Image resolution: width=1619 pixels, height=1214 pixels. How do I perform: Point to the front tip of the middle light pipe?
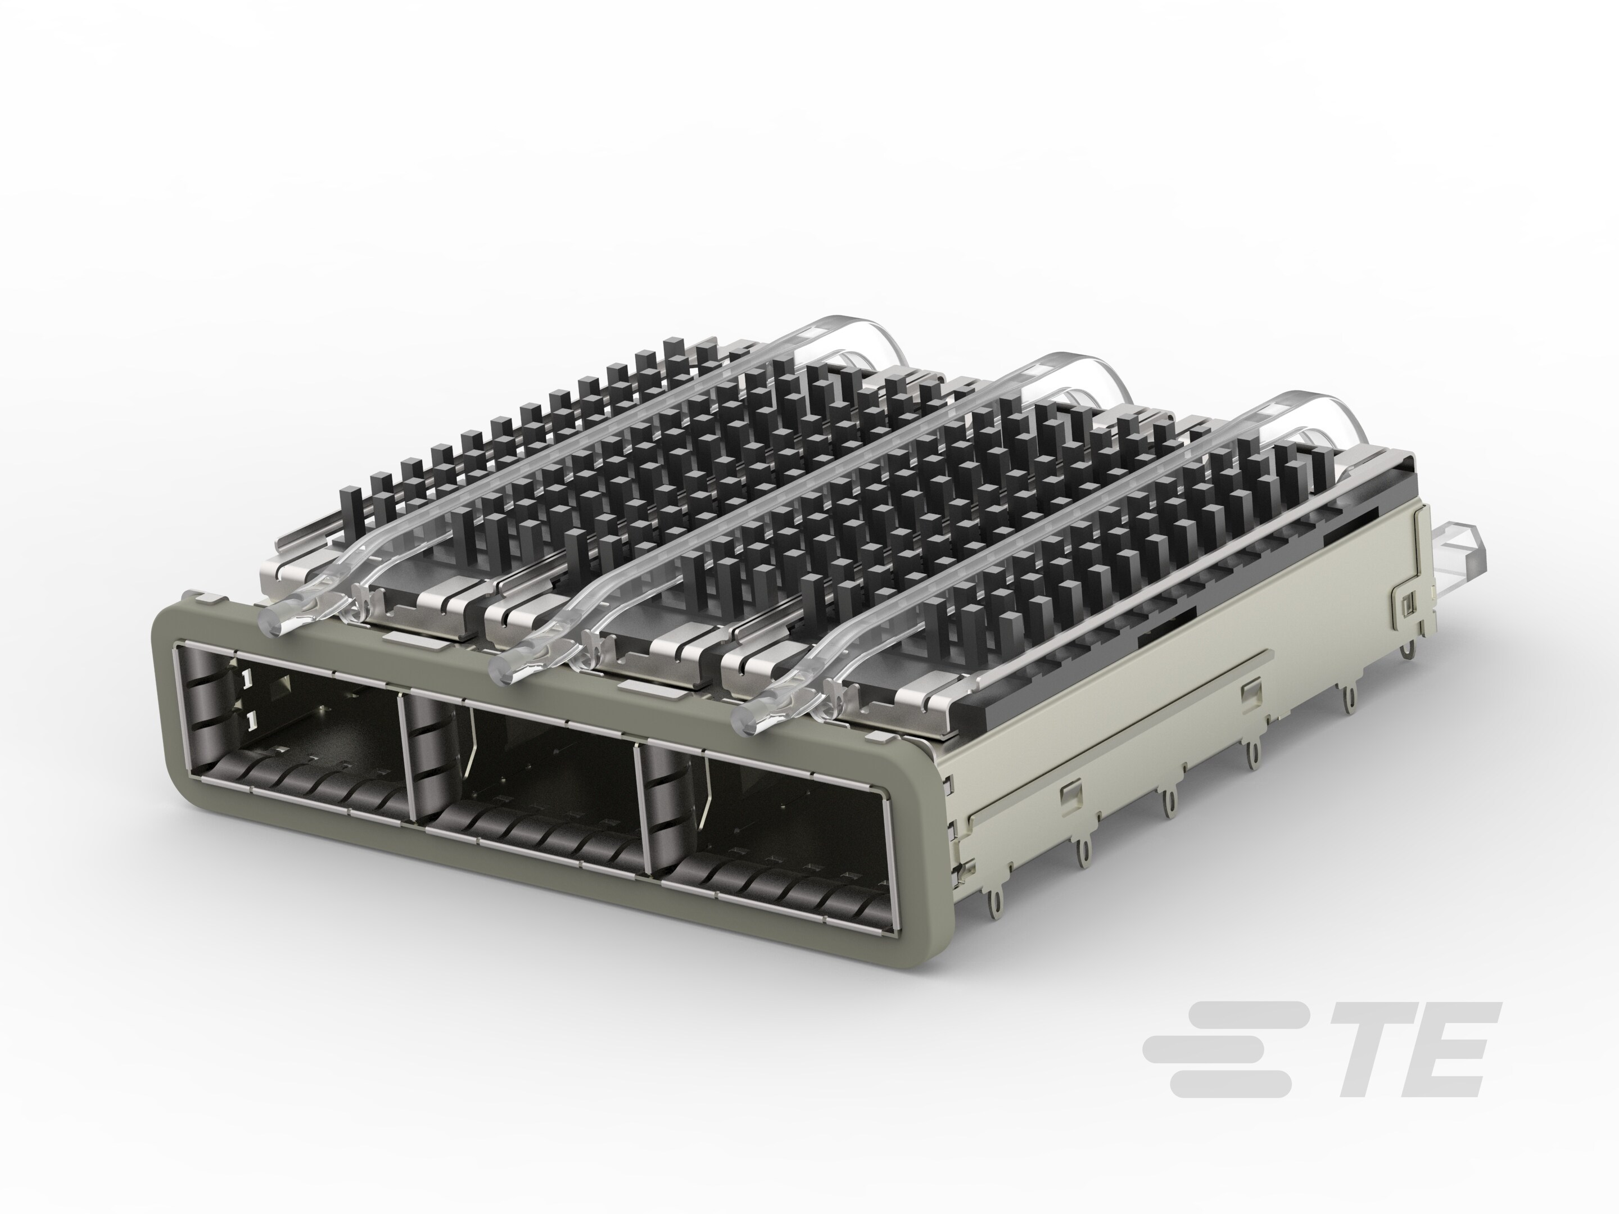coord(504,664)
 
